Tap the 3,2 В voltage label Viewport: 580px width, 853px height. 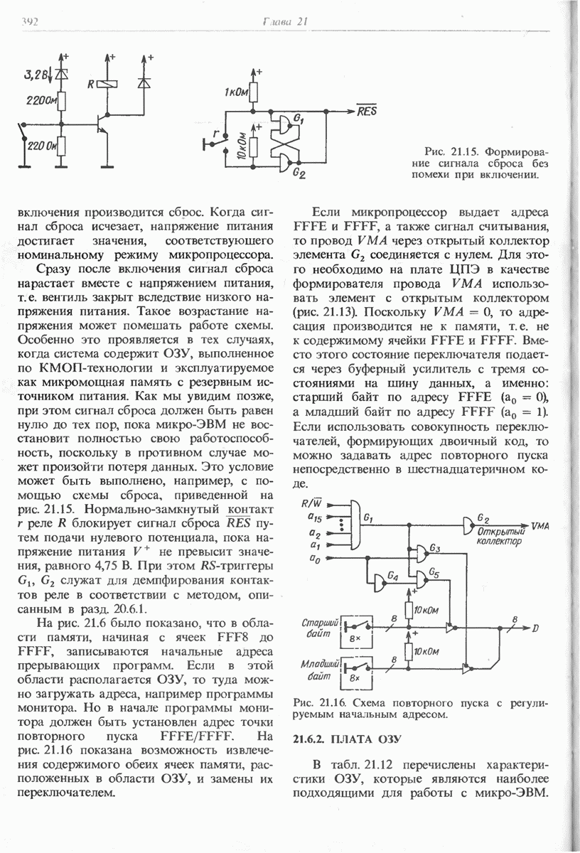tap(38, 73)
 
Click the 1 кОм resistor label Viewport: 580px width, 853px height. tap(237, 93)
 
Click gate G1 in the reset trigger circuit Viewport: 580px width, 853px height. tap(286, 125)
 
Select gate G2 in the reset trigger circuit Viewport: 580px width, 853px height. tap(286, 165)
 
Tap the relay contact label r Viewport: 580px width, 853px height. tap(214, 133)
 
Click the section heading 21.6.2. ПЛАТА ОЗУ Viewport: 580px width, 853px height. tap(348, 739)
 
